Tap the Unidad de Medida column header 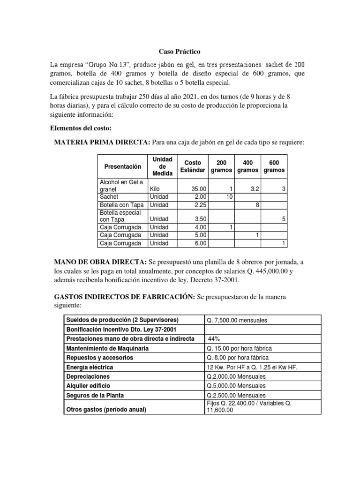161,166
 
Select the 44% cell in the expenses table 214,339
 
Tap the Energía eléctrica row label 90,367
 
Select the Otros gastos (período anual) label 106,409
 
